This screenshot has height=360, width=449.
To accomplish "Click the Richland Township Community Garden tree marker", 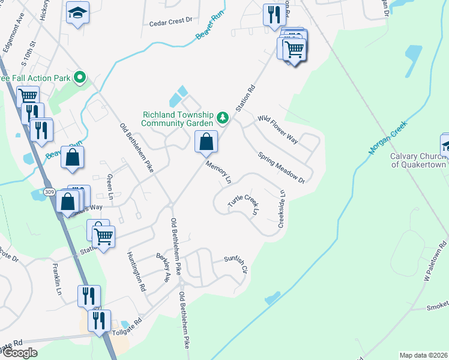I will (x=223, y=117).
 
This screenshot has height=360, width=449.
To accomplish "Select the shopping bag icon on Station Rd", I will (x=206, y=142).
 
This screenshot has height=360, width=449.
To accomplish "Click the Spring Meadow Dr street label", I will (x=282, y=167).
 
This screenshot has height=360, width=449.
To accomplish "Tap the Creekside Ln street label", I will (x=281, y=209).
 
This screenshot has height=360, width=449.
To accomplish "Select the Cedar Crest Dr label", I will (x=170, y=20).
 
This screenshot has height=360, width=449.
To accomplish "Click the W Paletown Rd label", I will (x=435, y=262).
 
